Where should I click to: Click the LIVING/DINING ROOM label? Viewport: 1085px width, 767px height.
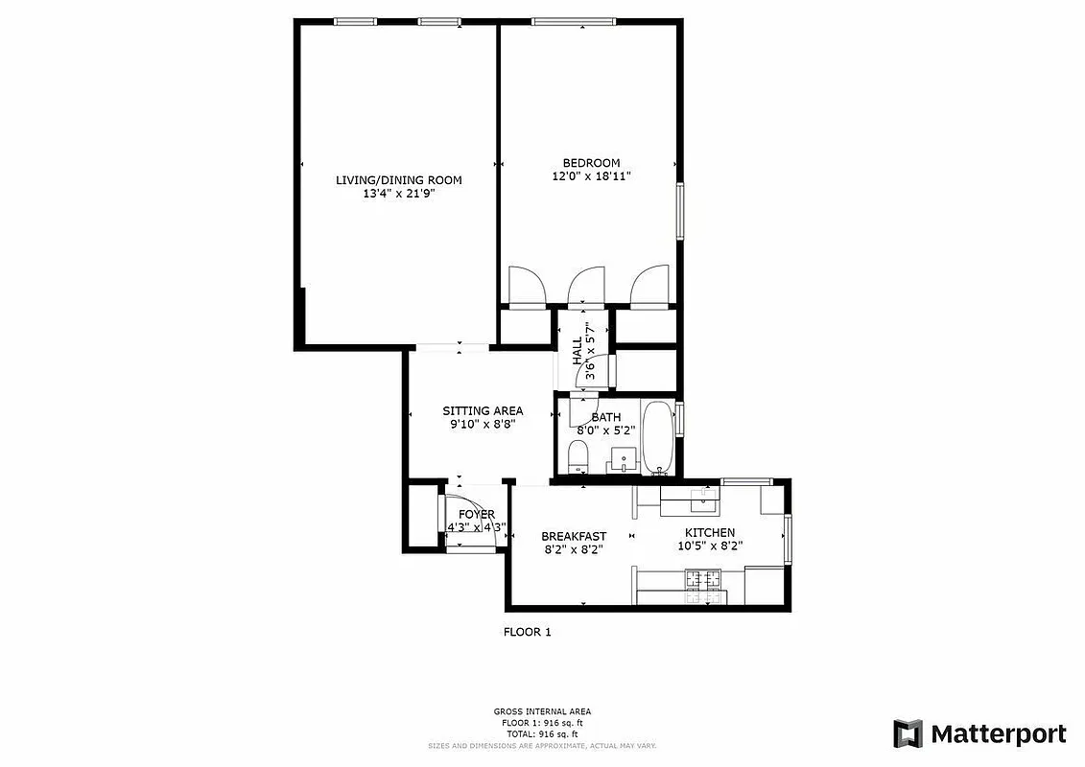(x=398, y=179)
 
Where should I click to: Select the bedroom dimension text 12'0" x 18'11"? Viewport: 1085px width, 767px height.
(x=591, y=176)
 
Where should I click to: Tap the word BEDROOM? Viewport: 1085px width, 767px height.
(x=591, y=163)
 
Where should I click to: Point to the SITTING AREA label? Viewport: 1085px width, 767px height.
(x=483, y=410)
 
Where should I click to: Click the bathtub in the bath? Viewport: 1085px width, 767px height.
(x=657, y=436)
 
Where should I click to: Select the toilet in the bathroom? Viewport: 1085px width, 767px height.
(x=578, y=456)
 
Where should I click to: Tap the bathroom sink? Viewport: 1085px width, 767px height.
(x=624, y=460)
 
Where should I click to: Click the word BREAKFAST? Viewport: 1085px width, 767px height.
(x=574, y=536)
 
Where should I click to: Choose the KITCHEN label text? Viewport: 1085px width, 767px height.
(x=709, y=532)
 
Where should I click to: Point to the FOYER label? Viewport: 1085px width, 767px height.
(x=476, y=515)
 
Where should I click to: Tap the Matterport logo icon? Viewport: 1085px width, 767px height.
(x=908, y=733)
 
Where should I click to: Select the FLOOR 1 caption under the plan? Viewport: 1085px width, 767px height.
(x=527, y=632)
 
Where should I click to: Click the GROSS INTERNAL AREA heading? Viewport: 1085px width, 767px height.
(x=542, y=711)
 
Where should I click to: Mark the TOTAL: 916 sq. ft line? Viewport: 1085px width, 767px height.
(x=542, y=732)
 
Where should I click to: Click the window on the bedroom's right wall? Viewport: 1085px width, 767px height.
(x=680, y=211)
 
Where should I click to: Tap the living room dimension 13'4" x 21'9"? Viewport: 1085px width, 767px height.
(x=398, y=193)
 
